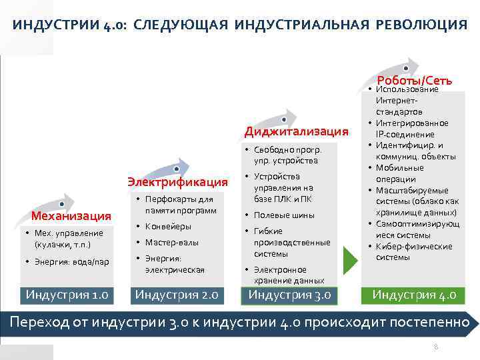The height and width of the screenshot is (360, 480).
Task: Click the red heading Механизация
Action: [x=70, y=216]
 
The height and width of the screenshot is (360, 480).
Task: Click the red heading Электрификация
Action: [x=177, y=181]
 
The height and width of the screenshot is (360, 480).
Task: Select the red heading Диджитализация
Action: [x=296, y=130]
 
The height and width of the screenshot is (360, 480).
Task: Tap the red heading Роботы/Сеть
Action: [x=415, y=80]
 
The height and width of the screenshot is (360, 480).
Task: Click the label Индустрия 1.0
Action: [x=67, y=295]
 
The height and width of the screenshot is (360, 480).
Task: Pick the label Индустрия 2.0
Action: [x=177, y=295]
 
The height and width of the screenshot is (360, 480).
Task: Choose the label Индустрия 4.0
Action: [x=414, y=295]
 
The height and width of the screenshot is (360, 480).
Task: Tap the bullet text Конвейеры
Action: [x=168, y=227]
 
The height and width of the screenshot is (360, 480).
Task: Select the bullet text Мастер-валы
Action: [x=172, y=243]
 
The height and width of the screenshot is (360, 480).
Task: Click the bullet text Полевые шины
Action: [x=284, y=215]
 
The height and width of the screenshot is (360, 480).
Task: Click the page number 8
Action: [x=436, y=347]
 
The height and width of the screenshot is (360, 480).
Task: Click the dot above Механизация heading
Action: [x=61, y=203]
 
